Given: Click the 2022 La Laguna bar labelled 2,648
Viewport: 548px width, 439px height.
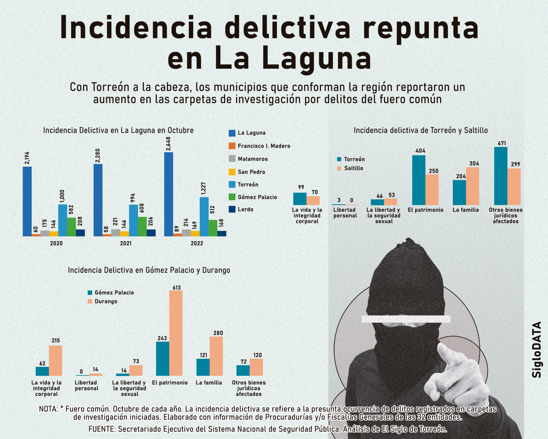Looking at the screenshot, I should (168, 194).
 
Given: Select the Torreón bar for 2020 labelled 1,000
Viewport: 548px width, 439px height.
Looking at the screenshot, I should (63, 220).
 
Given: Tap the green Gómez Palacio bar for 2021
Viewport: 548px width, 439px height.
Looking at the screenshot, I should (142, 227).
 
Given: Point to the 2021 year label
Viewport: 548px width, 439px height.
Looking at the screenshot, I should (126, 243).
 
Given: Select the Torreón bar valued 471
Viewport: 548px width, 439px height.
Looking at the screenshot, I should (501, 176).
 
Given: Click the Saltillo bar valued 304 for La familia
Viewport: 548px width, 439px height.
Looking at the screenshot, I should (472, 186).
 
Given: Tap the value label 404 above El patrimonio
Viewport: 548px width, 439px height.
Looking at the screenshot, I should (420, 151).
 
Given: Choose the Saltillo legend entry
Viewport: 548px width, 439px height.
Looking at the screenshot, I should (350, 168).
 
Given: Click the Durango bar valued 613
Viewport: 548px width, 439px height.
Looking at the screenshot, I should (176, 333).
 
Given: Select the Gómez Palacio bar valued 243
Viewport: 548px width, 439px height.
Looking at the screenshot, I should (162, 359).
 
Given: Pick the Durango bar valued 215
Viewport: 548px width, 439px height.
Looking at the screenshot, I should (55, 361).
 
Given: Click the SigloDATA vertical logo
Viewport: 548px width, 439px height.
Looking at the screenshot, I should (537, 349).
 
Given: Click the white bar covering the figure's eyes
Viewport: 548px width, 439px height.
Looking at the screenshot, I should (406, 319).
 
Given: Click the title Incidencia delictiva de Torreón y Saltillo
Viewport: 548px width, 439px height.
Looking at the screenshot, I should (420, 130).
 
